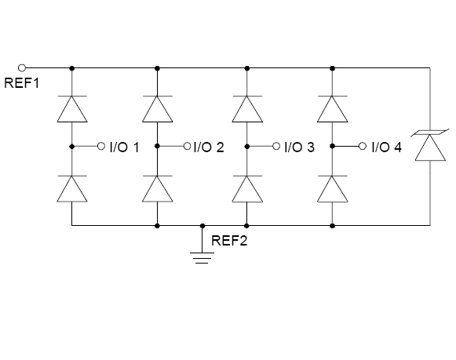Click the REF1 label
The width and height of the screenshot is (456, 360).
21,83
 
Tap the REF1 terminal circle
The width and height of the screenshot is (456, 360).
22,68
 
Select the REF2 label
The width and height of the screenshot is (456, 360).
229,241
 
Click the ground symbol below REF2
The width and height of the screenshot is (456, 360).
202,258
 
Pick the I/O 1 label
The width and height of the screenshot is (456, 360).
125,147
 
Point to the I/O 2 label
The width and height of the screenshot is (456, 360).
209,147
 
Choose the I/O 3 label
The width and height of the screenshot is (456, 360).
299,147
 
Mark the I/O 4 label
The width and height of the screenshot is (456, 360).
387,147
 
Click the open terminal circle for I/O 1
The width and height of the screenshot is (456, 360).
101,146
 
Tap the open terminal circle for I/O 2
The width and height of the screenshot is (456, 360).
188,146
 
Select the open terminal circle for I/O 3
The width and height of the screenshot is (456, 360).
276,146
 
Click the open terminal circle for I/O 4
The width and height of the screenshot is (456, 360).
363,146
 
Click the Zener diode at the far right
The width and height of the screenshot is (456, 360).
430,145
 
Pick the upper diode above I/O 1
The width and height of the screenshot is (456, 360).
72,109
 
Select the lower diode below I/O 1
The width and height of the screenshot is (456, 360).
72,189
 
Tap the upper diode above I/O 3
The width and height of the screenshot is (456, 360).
247,109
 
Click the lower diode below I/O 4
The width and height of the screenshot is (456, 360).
333,189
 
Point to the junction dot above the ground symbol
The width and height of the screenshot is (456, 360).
202,226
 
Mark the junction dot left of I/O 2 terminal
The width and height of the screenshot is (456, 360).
157,146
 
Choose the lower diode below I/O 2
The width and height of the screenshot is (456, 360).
157,189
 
